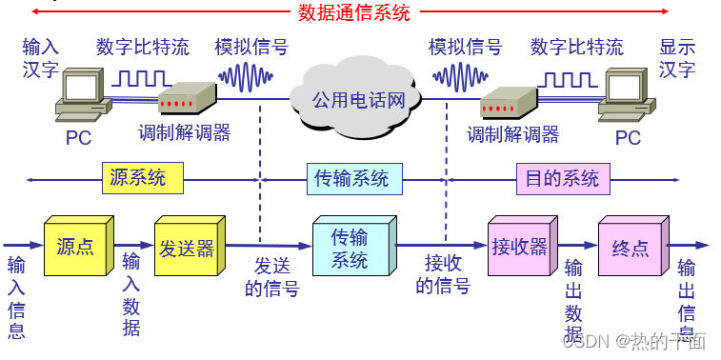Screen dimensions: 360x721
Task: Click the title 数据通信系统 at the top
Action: [354, 12]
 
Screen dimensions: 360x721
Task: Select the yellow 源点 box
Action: [75, 248]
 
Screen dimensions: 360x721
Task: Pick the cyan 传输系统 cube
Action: [349, 248]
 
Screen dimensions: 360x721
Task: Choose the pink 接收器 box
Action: [519, 248]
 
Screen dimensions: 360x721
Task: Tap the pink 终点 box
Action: [630, 248]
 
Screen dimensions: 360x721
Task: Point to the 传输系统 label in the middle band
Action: [351, 178]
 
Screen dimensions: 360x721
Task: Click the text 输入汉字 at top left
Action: [41, 57]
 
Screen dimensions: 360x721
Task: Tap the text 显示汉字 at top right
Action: [677, 57]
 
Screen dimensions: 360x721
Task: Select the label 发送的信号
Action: [271, 277]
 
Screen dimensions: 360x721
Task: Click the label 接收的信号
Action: [443, 274]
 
